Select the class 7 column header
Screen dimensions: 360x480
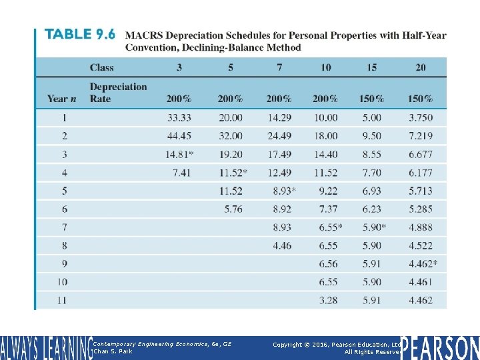pos(279,67)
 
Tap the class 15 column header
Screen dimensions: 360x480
pos(371,67)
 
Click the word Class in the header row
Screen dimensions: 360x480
pos(101,67)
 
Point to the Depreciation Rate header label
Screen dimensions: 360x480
pos(118,93)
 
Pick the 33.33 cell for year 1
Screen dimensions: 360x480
pos(179,117)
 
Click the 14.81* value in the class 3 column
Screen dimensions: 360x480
pos(181,154)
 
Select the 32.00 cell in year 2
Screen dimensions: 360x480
pos(230,136)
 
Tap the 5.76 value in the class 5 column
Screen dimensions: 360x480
pos(233,209)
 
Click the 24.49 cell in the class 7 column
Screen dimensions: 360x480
pos(279,136)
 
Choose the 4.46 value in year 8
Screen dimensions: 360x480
pos(282,246)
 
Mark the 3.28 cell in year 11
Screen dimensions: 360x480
pos(328,301)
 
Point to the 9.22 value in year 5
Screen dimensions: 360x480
pos(328,191)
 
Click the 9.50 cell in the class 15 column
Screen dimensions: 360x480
pos(371,136)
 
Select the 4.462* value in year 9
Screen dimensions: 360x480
pos(423,264)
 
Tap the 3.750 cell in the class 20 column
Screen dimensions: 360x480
pos(420,117)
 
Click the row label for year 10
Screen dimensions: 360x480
pos(61,283)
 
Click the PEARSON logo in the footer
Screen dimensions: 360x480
pos(440,347)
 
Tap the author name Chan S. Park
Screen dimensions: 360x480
pos(113,351)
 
